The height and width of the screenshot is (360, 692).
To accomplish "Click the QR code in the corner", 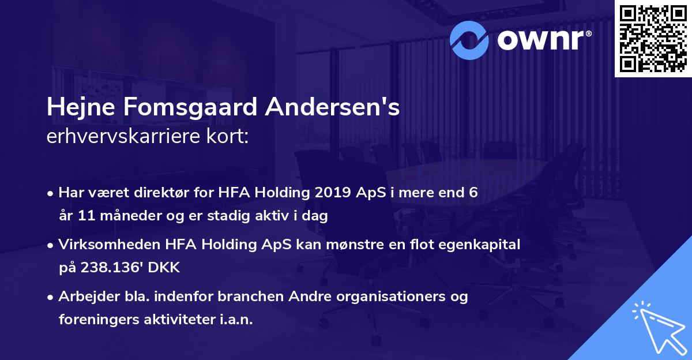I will pos(653,39).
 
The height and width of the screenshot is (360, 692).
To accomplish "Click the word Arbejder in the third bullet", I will pos(85,297).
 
